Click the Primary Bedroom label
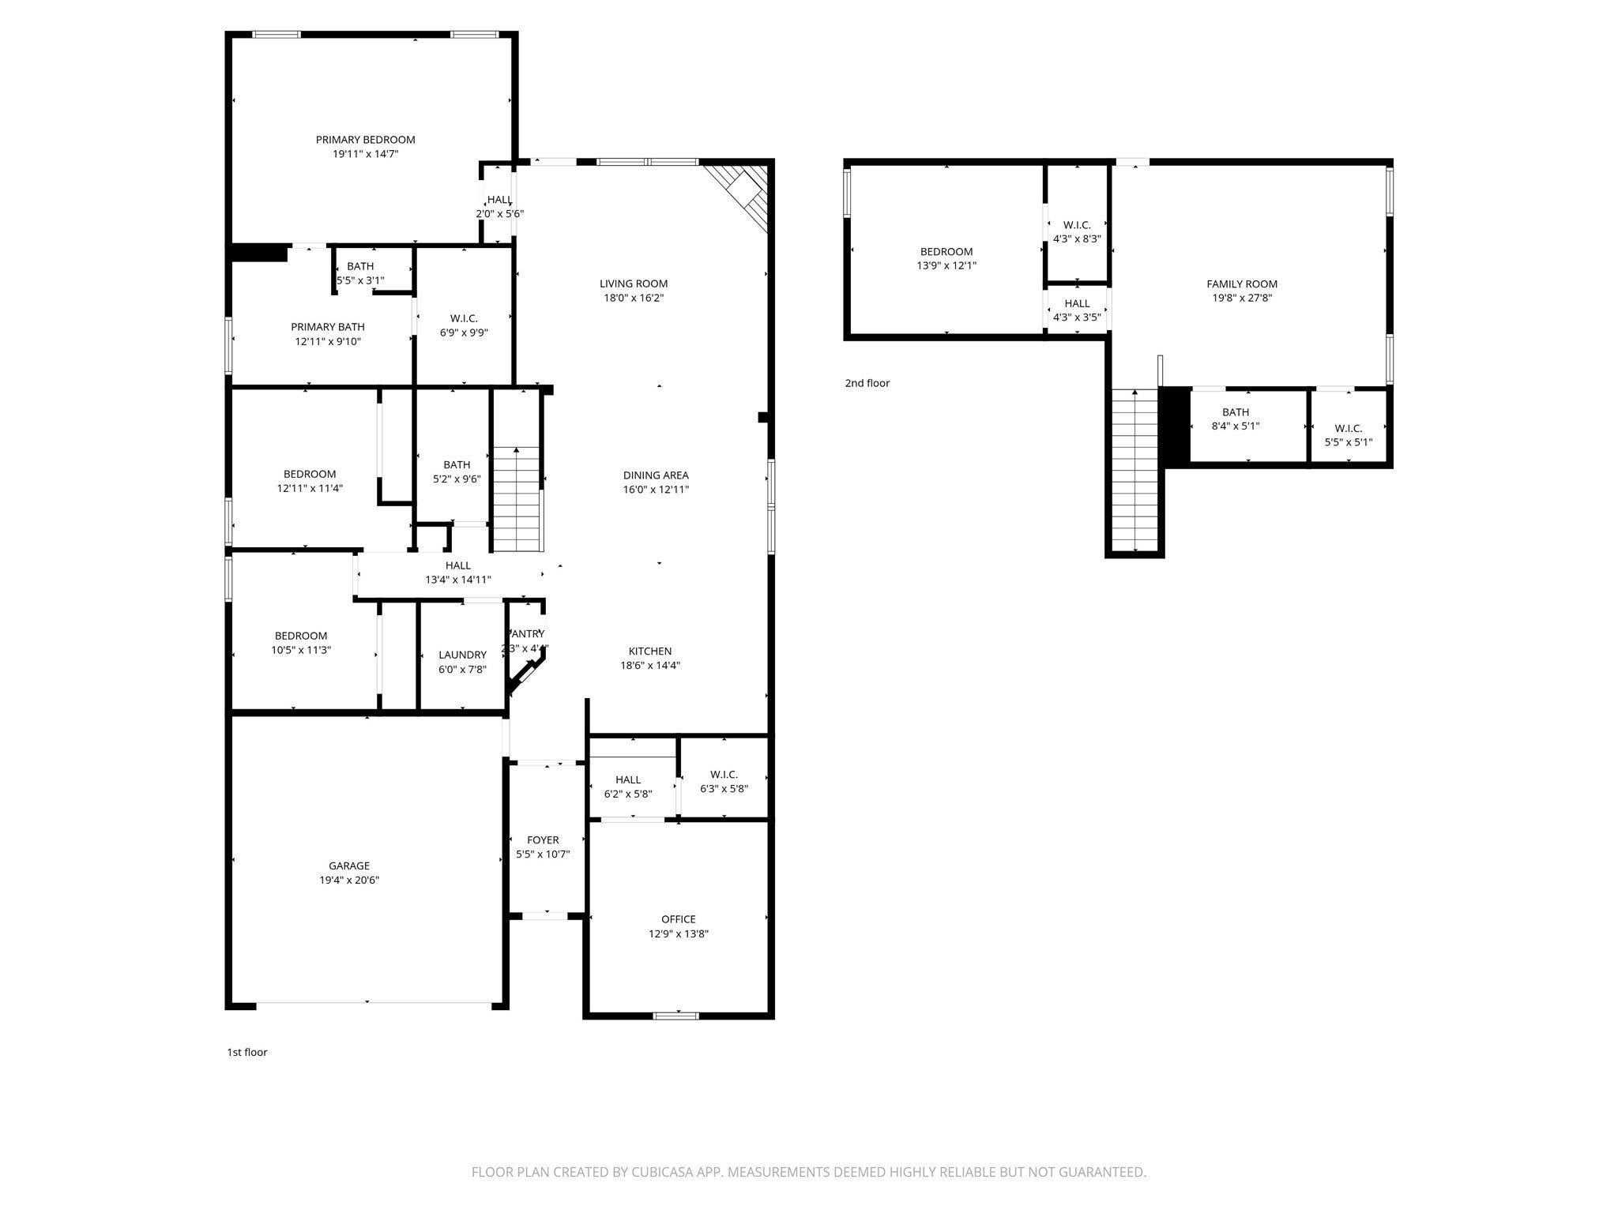[x=365, y=140]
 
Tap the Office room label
[x=678, y=919]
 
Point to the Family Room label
[x=1241, y=284]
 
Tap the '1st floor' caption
[x=246, y=1052]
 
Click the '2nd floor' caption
[x=867, y=383]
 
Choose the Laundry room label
[x=462, y=655]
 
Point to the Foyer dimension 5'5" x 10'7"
[x=542, y=854]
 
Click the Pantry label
[x=527, y=633]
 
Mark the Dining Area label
[x=655, y=475]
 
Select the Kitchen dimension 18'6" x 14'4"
[x=649, y=665]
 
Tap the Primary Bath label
[x=327, y=327]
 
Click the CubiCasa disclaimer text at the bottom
[x=808, y=1172]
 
